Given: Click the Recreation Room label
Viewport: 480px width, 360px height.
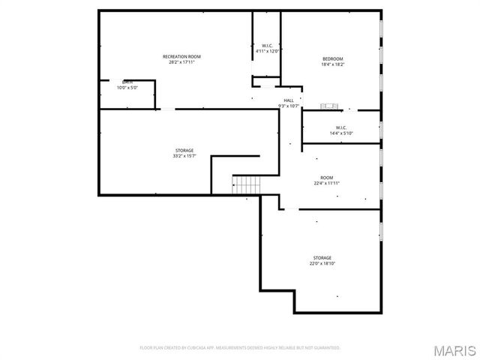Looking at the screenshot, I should coord(181,57).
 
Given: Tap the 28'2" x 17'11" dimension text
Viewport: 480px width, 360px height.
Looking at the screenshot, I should coord(181,62).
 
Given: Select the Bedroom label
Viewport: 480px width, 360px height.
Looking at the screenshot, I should coord(332,59).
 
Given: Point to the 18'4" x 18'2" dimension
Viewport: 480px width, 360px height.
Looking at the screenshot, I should coord(332,64).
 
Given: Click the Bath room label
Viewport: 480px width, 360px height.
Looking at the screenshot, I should coord(127,82).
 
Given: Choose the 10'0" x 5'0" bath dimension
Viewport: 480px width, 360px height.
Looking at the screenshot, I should coord(127,88).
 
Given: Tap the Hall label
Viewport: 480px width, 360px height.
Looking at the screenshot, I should coord(289,100).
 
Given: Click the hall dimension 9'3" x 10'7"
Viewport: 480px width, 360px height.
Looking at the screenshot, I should coord(289,106).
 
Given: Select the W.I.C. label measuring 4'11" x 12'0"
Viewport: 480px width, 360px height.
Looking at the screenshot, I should coord(266,46).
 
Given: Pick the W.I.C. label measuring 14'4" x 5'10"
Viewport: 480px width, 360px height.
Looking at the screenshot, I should coord(340,127).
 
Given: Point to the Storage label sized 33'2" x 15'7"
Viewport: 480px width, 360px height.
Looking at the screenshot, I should coord(184,151).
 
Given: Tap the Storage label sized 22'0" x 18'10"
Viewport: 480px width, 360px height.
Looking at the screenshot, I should coord(322,258).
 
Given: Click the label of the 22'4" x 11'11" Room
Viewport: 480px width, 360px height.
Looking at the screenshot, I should coord(327,178).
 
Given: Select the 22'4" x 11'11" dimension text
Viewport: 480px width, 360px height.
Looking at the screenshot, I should coord(327,183).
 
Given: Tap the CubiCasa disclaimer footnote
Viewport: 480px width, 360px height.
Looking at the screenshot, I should coord(240,348).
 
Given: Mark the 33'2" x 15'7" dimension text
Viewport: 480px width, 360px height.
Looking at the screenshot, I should coord(184,156).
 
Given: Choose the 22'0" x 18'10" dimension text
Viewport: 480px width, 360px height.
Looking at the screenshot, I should coord(322,263).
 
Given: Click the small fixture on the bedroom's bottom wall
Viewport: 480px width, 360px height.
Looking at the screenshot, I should coord(331,106).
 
